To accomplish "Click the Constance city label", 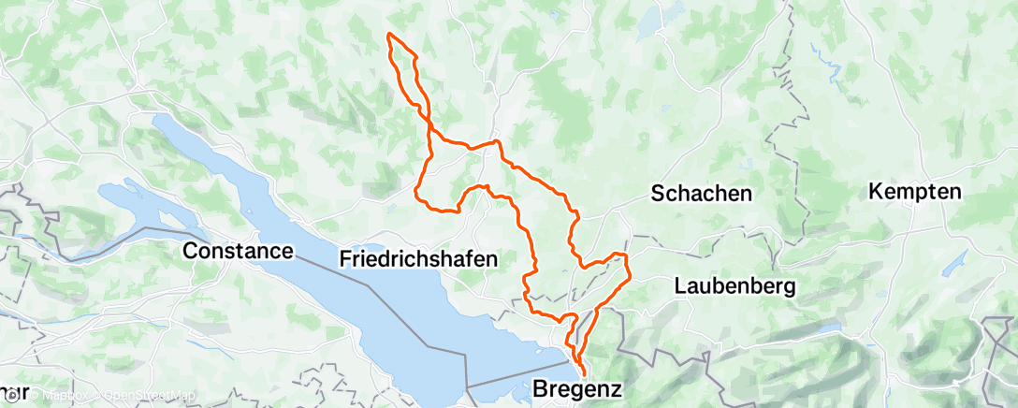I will tap(239, 251).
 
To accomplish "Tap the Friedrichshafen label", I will tap(417, 258).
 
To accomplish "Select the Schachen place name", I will tap(702, 194).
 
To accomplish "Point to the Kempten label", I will tap(915, 192).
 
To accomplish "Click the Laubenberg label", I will tap(734, 286).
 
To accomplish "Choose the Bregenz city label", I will tap(577, 386).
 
